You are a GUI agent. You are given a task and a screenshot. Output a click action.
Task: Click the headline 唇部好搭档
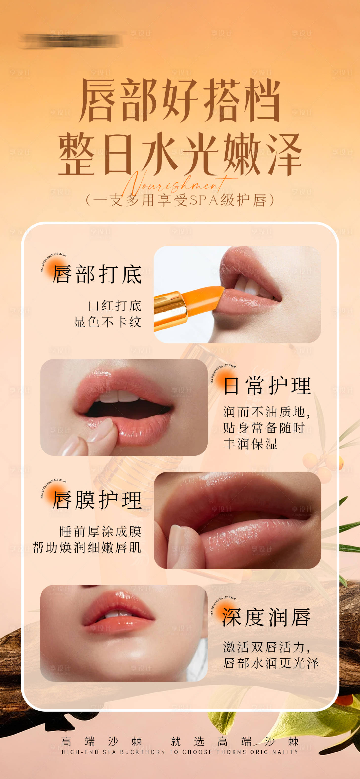point(180,100)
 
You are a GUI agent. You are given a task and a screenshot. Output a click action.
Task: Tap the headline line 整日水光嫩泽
point(180,154)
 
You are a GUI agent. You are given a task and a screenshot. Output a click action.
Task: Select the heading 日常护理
point(268,386)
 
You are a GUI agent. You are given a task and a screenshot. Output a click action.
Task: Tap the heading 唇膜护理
point(97,500)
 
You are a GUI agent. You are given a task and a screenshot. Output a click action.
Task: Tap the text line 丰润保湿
point(250,444)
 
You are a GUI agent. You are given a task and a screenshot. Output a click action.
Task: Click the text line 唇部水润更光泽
point(271,663)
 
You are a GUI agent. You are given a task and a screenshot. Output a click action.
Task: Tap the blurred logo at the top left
point(71,40)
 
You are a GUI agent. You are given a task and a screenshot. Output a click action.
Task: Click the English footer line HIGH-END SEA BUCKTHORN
point(180,752)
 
